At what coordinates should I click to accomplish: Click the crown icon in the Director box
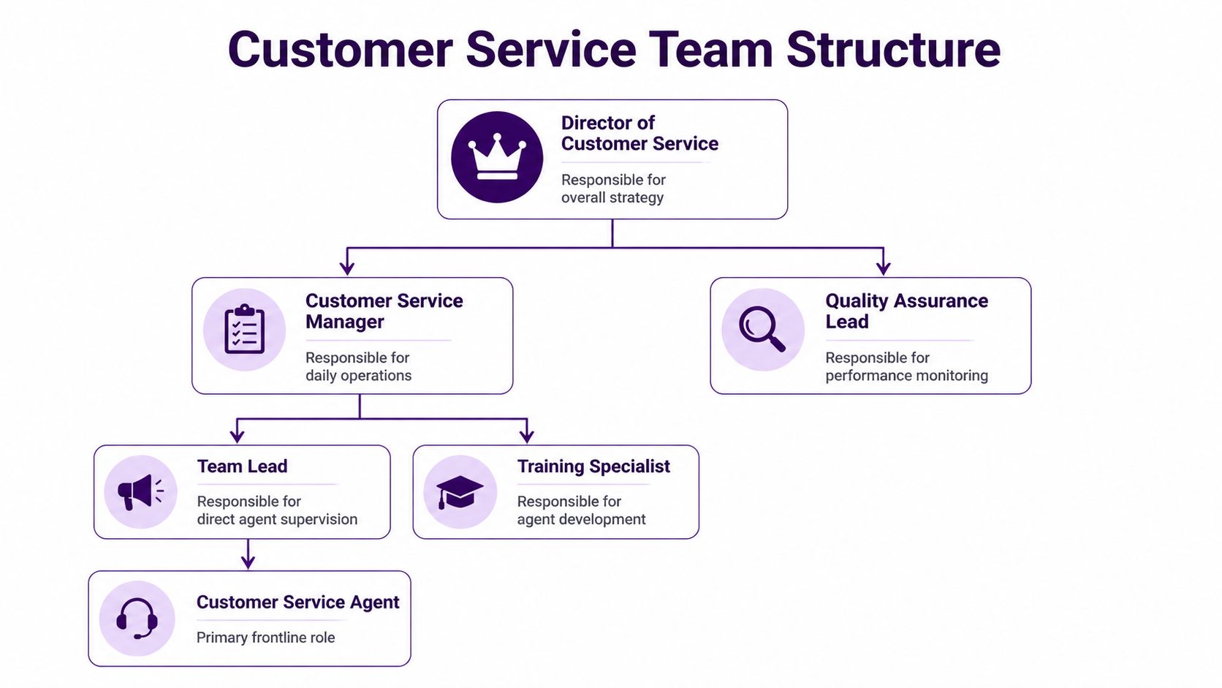tap(497, 156)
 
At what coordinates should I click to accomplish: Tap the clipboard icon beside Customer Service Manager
tap(244, 330)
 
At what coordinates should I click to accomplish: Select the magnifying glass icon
tap(762, 329)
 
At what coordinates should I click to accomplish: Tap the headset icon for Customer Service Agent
tap(137, 619)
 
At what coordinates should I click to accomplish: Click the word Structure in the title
tap(893, 50)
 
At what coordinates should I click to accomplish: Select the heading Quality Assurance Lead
tap(906, 311)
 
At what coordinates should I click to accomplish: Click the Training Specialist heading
tap(593, 466)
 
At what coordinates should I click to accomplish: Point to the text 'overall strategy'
tap(612, 197)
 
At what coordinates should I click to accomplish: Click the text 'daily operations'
tap(358, 375)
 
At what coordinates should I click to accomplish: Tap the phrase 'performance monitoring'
tap(906, 375)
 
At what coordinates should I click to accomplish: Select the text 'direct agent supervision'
tap(277, 519)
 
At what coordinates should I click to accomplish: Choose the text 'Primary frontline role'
tap(265, 638)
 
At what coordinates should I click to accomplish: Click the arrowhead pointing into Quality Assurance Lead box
tap(883, 268)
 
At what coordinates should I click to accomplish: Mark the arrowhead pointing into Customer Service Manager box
tap(347, 268)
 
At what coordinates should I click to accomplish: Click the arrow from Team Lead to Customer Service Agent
tap(248, 555)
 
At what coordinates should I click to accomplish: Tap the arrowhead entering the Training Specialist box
tap(526, 436)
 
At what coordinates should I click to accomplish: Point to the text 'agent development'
tap(581, 519)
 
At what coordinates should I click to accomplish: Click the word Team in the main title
tap(711, 50)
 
